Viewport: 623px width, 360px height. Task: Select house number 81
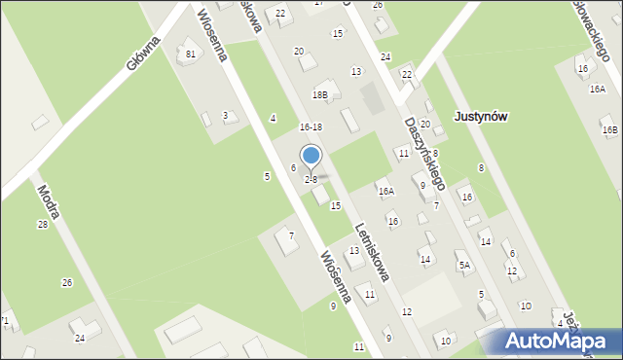(191, 54)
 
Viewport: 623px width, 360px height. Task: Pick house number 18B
(319, 95)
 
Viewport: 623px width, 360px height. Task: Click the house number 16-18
(311, 127)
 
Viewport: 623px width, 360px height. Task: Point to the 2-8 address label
(311, 180)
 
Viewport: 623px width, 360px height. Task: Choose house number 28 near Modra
(42, 225)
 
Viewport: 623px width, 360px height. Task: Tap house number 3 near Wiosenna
(225, 116)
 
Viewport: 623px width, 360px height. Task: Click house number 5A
(464, 265)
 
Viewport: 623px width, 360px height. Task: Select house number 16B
(609, 129)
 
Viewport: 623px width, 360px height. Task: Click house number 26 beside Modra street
(66, 283)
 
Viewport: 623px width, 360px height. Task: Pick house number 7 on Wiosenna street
(290, 236)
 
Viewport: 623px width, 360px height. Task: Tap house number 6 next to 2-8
(293, 168)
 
